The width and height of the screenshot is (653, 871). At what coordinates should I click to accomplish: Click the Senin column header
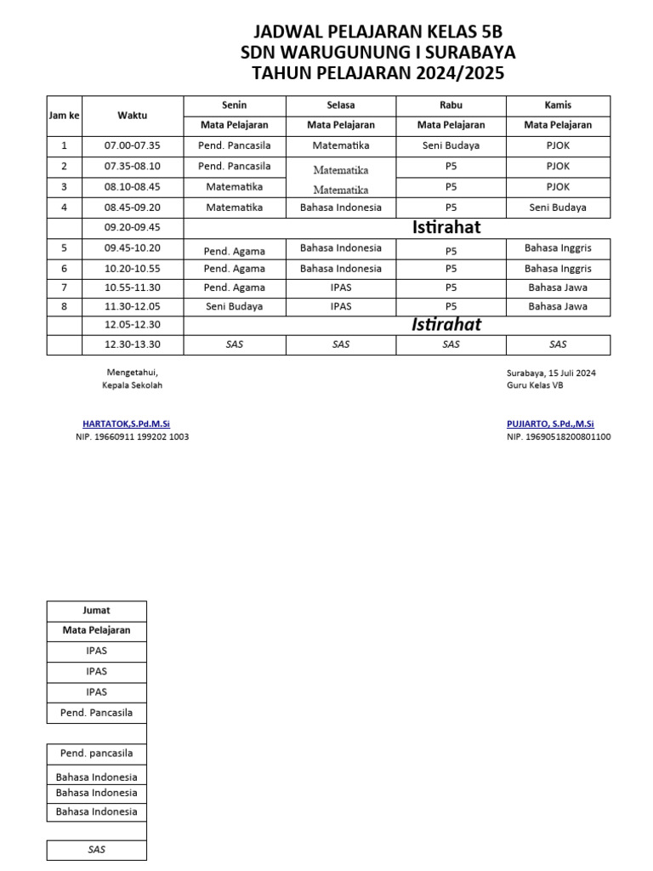point(235,105)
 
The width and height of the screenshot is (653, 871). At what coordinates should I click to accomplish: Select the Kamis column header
point(558,105)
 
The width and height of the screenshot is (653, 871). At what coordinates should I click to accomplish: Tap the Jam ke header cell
point(64,115)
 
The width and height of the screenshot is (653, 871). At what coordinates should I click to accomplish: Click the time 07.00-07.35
point(132,145)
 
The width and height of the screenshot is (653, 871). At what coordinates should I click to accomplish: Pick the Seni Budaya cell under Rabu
point(451,145)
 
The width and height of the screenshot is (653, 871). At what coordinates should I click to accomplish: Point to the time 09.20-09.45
point(132,228)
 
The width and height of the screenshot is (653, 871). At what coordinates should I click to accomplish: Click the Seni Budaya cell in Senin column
point(235,306)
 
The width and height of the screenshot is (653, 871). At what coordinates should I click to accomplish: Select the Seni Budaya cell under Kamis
point(558,207)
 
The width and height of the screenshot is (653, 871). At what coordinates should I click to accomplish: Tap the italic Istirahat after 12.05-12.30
point(446,325)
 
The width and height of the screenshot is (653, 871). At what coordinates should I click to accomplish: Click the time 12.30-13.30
point(132,344)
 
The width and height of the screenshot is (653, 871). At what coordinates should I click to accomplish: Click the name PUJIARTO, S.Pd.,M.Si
point(550,424)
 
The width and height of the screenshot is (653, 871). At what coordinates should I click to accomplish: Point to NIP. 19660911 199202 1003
point(132,436)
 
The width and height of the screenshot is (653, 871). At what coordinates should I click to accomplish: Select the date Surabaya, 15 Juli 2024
point(551,373)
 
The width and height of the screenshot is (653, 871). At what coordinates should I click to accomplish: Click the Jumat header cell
point(96,611)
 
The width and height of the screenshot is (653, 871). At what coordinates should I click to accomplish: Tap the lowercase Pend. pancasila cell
point(96,754)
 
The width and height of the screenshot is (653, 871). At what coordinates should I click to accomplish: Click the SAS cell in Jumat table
point(96,850)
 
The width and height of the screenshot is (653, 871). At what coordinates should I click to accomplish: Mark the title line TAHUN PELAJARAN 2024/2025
point(378,74)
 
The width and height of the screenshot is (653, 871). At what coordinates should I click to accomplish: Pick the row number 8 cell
point(64,306)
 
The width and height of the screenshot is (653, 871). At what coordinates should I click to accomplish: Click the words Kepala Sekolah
point(132,385)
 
